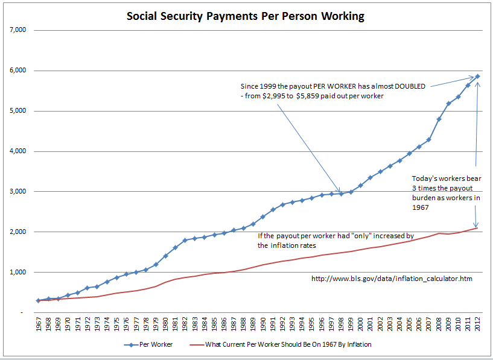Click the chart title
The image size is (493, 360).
click(246, 16)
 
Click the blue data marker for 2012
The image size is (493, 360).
click(477, 76)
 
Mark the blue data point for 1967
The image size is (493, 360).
click(39, 300)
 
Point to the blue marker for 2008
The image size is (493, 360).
click(439, 119)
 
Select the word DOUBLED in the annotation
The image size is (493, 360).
click(410, 86)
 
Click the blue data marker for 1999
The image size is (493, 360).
click(351, 192)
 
